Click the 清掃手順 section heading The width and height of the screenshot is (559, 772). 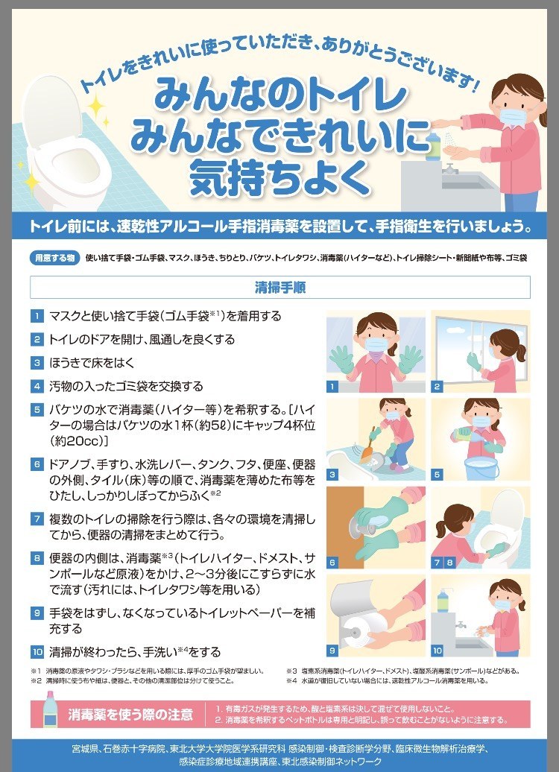pyautogui.click(x=279, y=287)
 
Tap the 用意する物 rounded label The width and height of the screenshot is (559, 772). pyautogui.click(x=55, y=258)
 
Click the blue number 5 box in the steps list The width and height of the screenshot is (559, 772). pyautogui.click(x=37, y=410)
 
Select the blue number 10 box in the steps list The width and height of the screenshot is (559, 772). pyautogui.click(x=37, y=652)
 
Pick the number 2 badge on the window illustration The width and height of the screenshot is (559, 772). pyautogui.click(x=436, y=387)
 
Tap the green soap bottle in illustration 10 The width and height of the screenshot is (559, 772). pyautogui.click(x=443, y=600)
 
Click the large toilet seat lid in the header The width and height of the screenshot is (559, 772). pyautogui.click(x=51, y=113)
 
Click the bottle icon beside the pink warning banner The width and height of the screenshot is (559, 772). pyautogui.click(x=49, y=709)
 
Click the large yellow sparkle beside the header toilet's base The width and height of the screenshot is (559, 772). pyautogui.click(x=31, y=180)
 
